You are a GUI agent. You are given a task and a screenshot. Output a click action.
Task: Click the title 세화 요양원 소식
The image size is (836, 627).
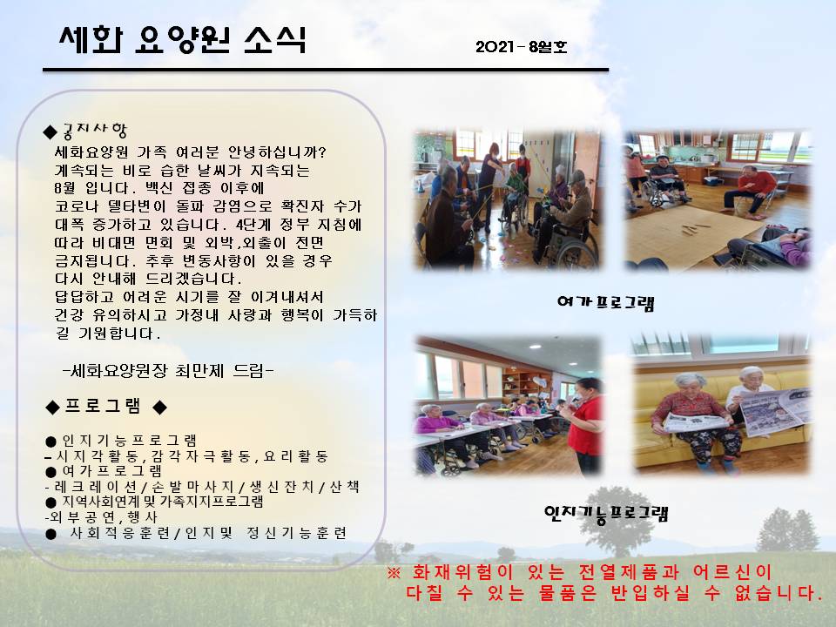[x=183, y=39]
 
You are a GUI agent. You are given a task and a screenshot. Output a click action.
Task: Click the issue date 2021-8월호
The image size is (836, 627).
[x=522, y=47]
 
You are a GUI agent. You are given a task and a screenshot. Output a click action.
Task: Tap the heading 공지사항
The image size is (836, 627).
[x=95, y=130]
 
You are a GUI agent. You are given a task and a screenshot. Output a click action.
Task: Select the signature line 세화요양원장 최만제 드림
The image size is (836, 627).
[x=168, y=371]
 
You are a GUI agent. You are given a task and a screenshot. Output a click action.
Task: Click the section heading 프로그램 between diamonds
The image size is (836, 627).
[x=103, y=407]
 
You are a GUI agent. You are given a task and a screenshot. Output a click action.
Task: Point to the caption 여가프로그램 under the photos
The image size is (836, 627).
[x=606, y=303]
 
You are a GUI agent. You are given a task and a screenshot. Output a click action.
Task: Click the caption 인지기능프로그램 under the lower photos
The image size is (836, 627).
[x=606, y=514]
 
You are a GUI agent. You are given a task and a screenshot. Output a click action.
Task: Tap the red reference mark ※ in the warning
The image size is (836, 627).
[x=394, y=573]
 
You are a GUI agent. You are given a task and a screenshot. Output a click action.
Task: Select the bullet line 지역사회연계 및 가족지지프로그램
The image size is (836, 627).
[x=163, y=502]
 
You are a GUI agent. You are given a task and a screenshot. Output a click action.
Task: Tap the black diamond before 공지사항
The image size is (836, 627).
[x=51, y=131]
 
